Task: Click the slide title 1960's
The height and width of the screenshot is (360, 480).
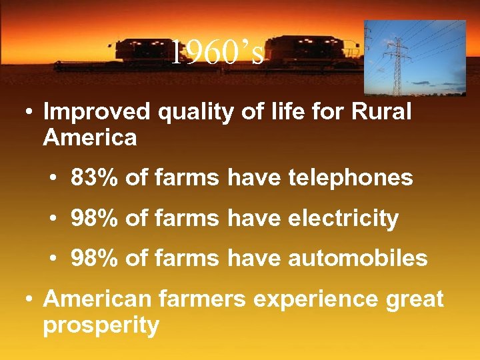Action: click(x=217, y=53)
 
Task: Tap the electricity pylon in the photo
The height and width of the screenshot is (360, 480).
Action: click(x=398, y=60)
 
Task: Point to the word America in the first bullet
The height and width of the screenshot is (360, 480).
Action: click(x=90, y=138)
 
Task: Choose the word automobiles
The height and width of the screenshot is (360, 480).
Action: click(x=358, y=258)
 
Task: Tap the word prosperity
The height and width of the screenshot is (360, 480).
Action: click(x=101, y=326)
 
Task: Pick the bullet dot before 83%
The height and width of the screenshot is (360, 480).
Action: click(x=54, y=179)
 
